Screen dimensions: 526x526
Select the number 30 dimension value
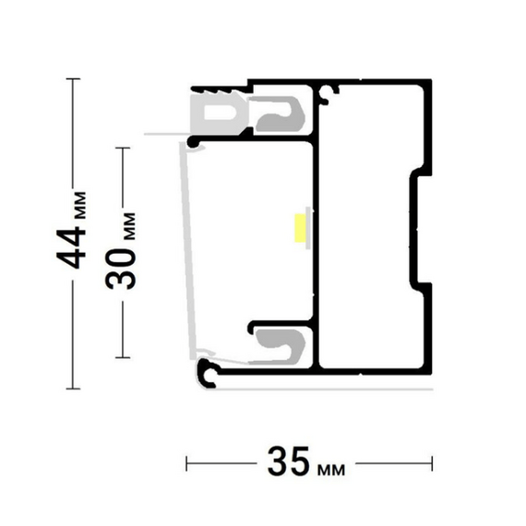pyautogui.click(x=121, y=269)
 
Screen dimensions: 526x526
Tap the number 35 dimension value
pyautogui.click(x=289, y=462)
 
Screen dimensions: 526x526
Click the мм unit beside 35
pyautogui.click(x=331, y=470)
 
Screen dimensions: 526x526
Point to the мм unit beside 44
pyautogui.click(x=80, y=205)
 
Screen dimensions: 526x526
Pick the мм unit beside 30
pyautogui.click(x=129, y=226)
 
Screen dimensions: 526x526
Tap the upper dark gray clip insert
pyautogui.click(x=281, y=114)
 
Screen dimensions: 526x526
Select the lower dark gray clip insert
pyautogui.click(x=281, y=346)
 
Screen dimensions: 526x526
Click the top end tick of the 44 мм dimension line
pyautogui.click(x=73, y=78)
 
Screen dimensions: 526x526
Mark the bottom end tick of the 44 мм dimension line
pyautogui.click(x=73, y=389)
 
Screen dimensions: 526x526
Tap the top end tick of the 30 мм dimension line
pyautogui.click(x=123, y=148)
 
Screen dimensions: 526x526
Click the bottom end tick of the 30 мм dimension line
pyautogui.click(x=123, y=358)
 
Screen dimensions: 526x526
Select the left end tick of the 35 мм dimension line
pyautogui.click(x=186, y=463)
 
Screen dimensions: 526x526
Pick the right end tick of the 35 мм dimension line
pyautogui.click(x=432, y=463)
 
